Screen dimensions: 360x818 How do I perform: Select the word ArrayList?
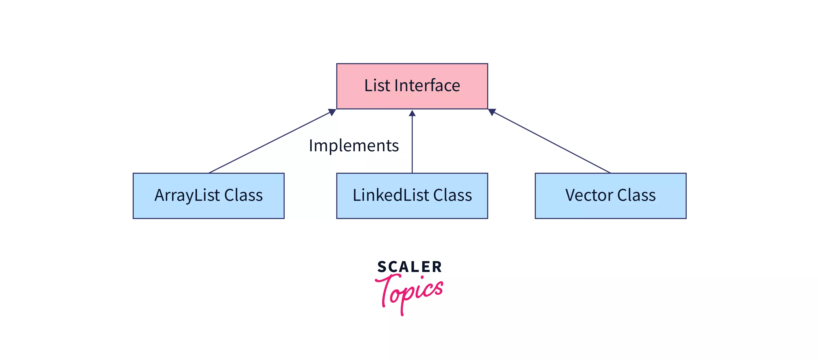click(x=187, y=196)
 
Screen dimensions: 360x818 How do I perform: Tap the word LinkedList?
click(x=391, y=195)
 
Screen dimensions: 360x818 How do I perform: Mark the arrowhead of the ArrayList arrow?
click(x=332, y=112)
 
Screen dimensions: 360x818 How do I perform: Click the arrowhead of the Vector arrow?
click(x=492, y=112)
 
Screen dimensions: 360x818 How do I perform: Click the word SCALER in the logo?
click(x=409, y=267)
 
